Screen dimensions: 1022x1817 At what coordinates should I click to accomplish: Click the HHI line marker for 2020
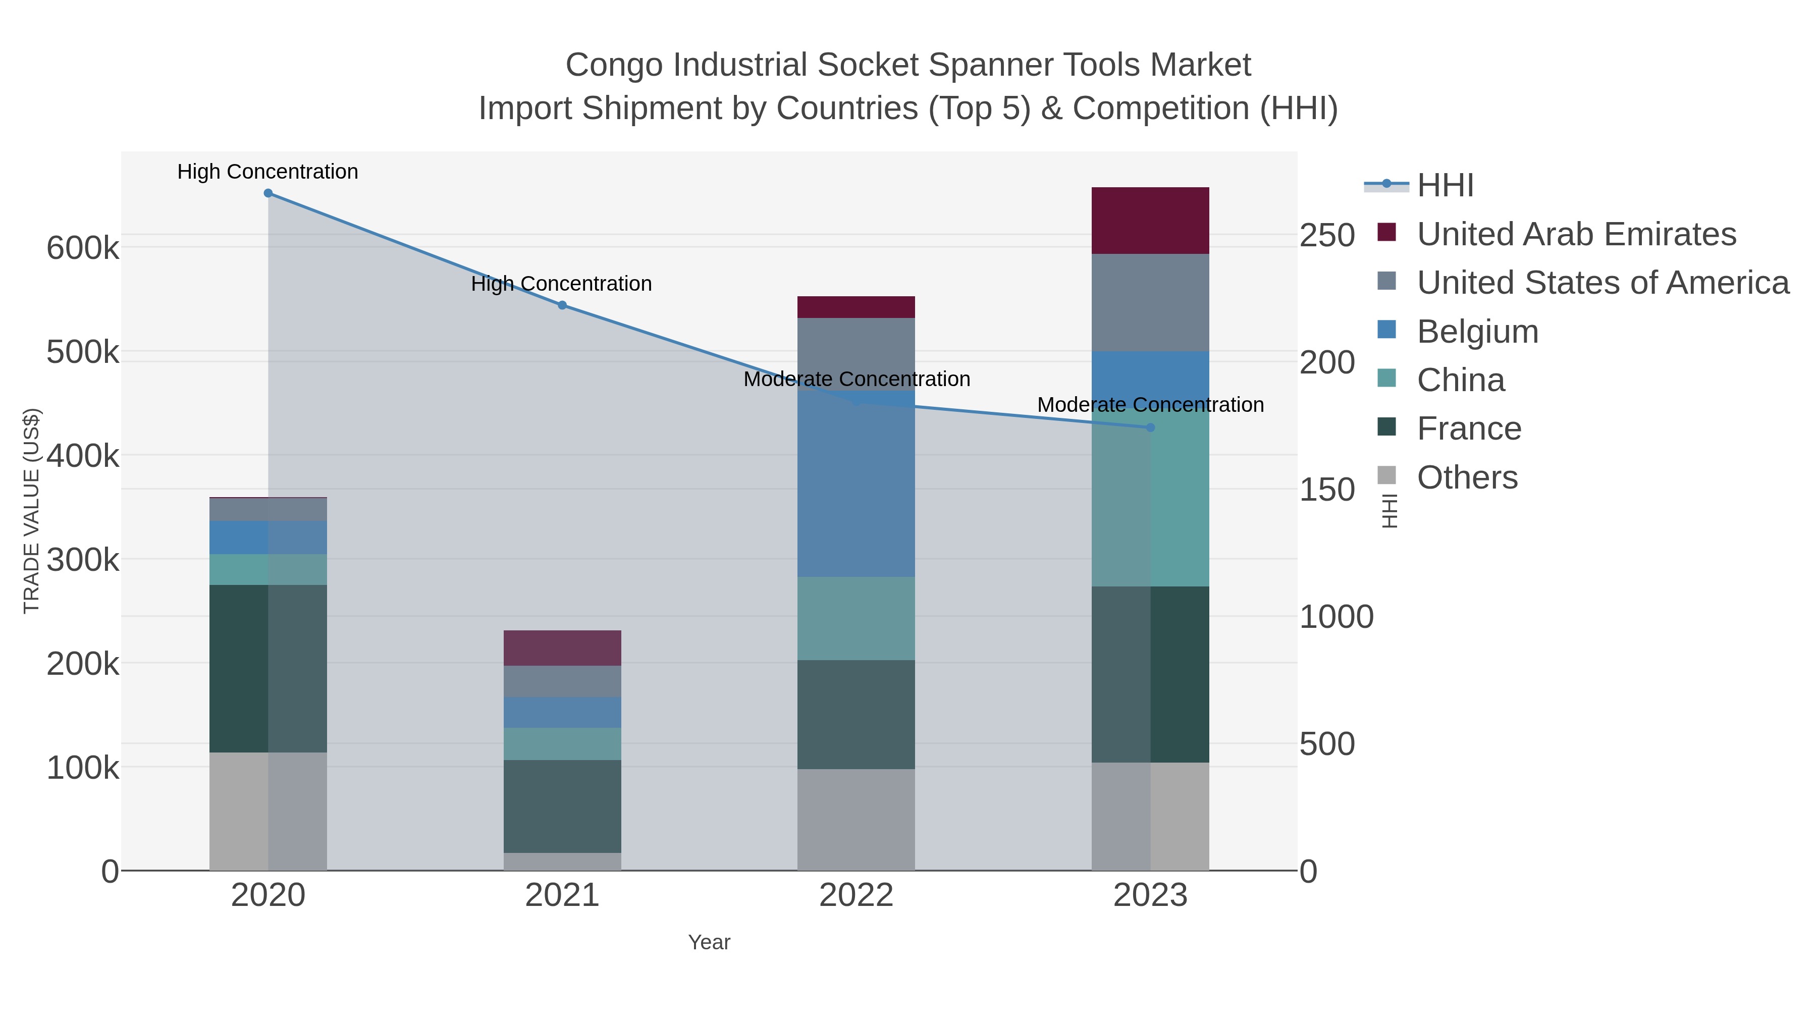268,193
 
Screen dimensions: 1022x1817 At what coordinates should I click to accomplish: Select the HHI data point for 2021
562,305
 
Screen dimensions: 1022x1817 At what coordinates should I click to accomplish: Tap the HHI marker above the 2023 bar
1150,427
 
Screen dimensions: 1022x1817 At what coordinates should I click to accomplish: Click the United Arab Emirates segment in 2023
1150,221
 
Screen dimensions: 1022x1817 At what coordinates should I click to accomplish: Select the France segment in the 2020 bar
268,669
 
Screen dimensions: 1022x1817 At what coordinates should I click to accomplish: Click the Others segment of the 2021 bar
562,862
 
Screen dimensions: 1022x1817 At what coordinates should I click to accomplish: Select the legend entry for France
1469,429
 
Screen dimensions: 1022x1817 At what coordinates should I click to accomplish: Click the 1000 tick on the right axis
1336,617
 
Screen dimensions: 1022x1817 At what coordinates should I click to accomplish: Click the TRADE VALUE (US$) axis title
32,511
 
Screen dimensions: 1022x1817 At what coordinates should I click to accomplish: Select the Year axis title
709,942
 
